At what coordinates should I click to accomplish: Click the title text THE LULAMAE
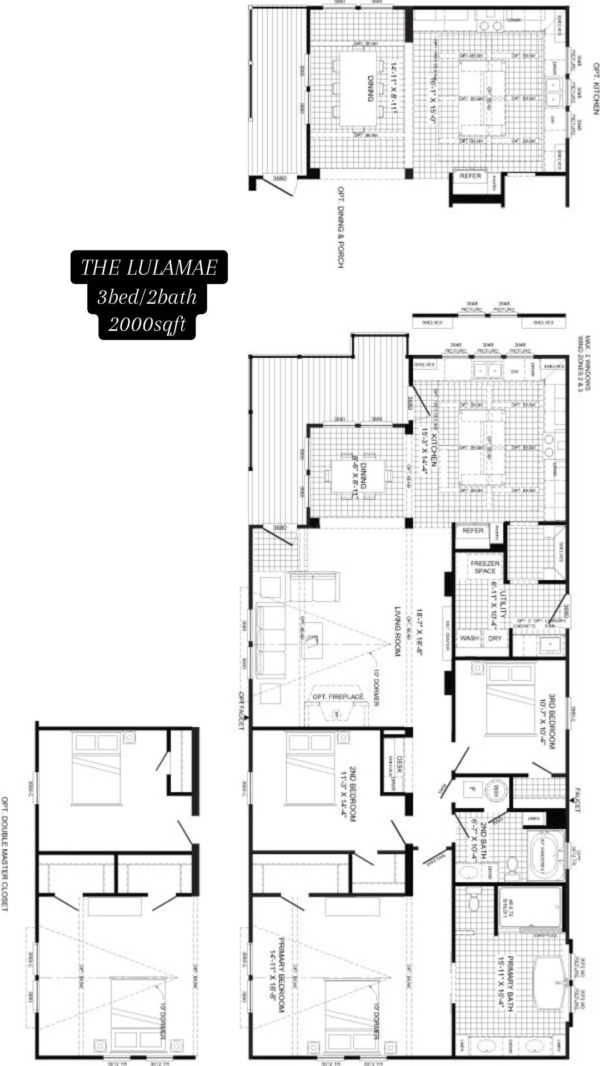(149, 268)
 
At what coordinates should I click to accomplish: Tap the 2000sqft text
(147, 324)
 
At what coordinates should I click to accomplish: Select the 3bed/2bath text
(147, 296)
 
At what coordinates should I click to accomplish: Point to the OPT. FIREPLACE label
(338, 696)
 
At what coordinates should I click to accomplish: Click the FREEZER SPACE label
(485, 567)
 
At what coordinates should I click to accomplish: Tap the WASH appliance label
(469, 638)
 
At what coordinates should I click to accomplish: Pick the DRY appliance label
(495, 638)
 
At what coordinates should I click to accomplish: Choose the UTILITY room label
(503, 605)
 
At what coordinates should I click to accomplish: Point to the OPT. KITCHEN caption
(596, 89)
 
